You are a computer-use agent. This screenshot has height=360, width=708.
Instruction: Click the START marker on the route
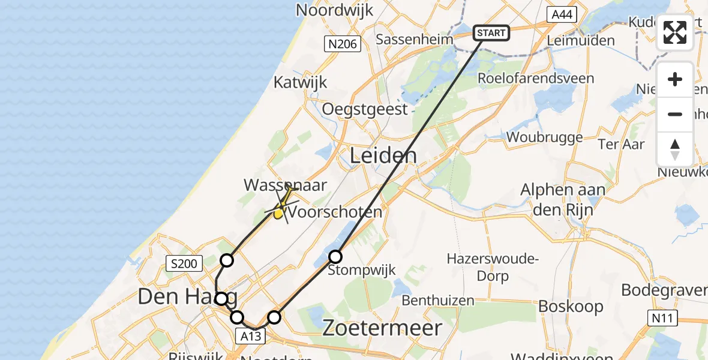click(491, 33)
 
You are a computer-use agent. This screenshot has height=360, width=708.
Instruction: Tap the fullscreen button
click(675, 32)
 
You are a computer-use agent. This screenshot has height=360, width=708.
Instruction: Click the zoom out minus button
click(675, 114)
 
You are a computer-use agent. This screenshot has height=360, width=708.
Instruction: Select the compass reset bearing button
click(675, 149)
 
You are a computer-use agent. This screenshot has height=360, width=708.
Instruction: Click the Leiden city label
click(383, 157)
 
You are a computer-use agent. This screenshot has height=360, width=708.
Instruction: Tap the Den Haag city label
click(187, 296)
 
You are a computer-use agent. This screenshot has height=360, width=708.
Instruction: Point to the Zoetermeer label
click(382, 328)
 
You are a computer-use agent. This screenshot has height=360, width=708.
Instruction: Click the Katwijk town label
click(301, 82)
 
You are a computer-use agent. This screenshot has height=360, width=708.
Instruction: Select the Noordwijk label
click(335, 10)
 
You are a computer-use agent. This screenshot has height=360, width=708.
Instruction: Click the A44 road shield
click(562, 15)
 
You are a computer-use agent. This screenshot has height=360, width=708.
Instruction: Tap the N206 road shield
click(342, 44)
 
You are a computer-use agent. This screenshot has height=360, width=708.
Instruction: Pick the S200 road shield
click(186, 263)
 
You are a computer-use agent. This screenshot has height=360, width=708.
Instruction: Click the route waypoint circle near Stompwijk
click(335, 257)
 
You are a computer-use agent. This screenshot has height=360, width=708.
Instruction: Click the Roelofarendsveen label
click(536, 79)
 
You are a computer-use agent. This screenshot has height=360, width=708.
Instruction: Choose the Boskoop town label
click(571, 306)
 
